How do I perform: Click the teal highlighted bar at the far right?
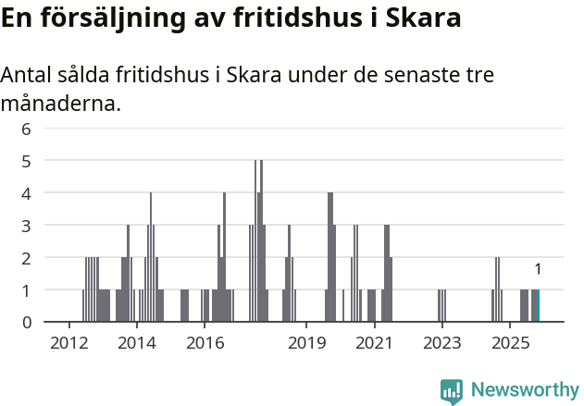pyautogui.click(x=537, y=306)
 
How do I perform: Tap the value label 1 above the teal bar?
pyautogui.click(x=538, y=269)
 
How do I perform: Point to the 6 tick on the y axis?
pyautogui.click(x=26, y=129)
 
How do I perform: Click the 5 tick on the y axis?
pyautogui.click(x=26, y=161)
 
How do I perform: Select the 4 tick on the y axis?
pyautogui.click(x=26, y=193)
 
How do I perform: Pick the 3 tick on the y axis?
pyautogui.click(x=26, y=226)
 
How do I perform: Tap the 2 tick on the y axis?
pyautogui.click(x=26, y=258)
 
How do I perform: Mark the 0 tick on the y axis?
pyautogui.click(x=26, y=322)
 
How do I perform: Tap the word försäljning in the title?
pyautogui.click(x=105, y=18)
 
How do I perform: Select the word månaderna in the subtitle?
pyautogui.click(x=61, y=103)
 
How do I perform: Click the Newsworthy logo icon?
pyautogui.click(x=452, y=391)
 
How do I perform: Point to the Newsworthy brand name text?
pyautogui.click(x=525, y=390)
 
